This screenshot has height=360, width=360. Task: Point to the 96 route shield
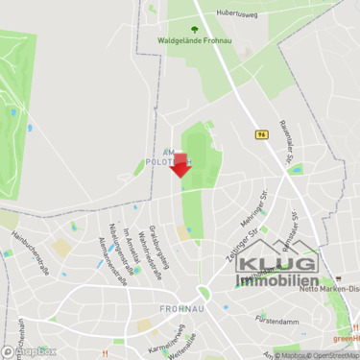tap(261, 135)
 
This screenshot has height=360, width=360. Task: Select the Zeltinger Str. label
tap(237, 230)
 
